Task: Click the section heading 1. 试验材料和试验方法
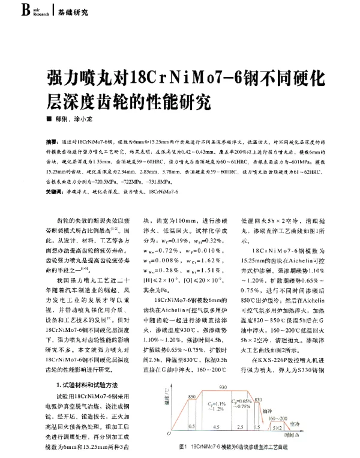(x=86, y=385)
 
